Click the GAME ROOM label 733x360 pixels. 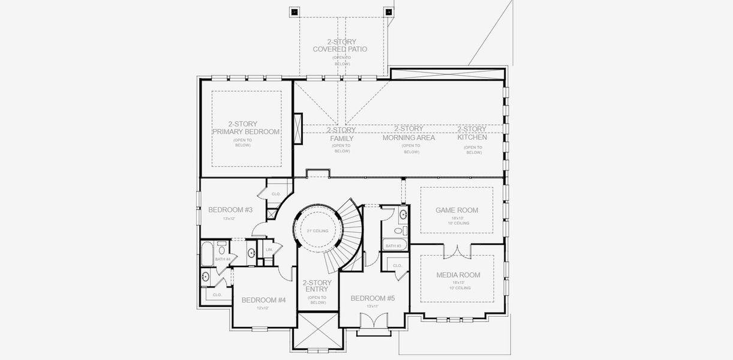pyautogui.click(x=456, y=211)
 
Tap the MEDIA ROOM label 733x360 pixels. pyautogui.click(x=458, y=275)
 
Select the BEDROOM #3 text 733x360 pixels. pyautogui.click(x=230, y=210)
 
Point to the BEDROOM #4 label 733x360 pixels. pyautogui.click(x=263, y=300)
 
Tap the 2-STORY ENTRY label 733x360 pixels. pyautogui.click(x=317, y=286)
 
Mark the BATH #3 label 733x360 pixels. pyautogui.click(x=393, y=246)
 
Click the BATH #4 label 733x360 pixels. pyautogui.click(x=223, y=259)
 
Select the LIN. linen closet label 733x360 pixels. pyautogui.click(x=269, y=249)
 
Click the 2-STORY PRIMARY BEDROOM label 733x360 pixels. pyautogui.click(x=246, y=128)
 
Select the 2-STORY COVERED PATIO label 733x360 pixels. pyautogui.click(x=340, y=46)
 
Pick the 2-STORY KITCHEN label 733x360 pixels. pyautogui.click(x=472, y=133)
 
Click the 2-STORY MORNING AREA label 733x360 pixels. pyautogui.click(x=408, y=133)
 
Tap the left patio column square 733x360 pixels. pyautogui.click(x=295, y=11)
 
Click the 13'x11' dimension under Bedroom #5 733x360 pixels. pyautogui.click(x=372, y=306)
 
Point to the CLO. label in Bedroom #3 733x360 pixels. pyautogui.click(x=276, y=194)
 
